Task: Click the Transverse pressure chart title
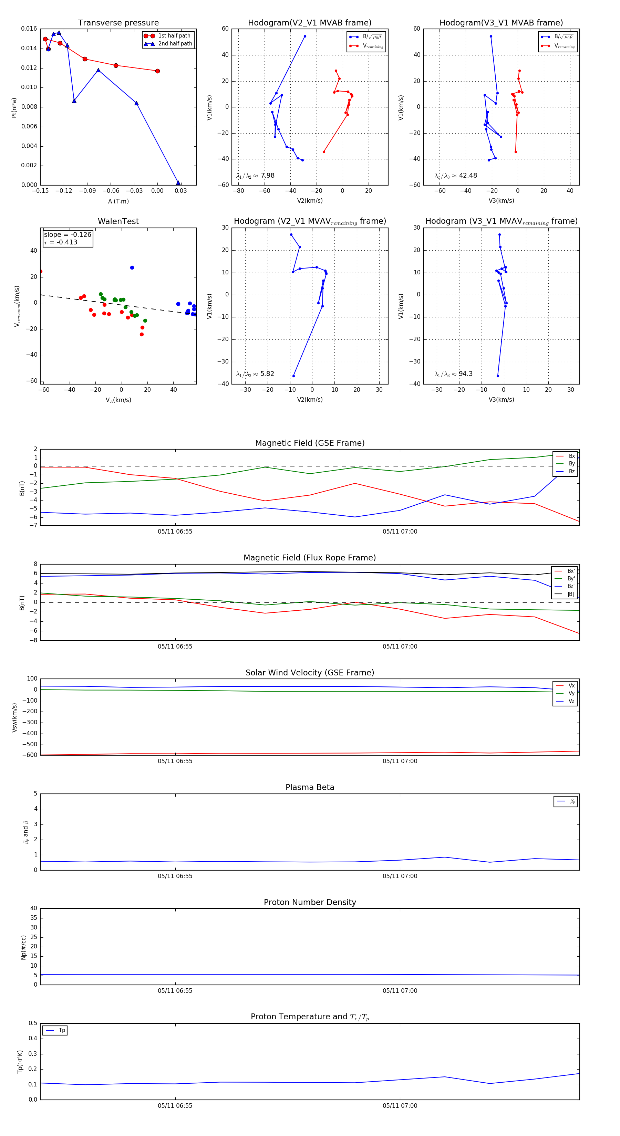pyautogui.click(x=118, y=23)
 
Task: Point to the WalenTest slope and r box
pyautogui.click(x=68, y=238)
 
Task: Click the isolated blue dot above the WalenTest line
pyautogui.click(x=132, y=268)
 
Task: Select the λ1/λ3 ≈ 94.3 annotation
pyautogui.click(x=453, y=374)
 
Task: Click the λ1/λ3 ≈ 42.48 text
pyautogui.click(x=455, y=176)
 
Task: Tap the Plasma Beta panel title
pyautogui.click(x=310, y=787)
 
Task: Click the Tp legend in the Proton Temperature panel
pyautogui.click(x=55, y=1030)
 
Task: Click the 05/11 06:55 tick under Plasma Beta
pyautogui.click(x=175, y=876)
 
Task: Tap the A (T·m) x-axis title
pyautogui.click(x=118, y=201)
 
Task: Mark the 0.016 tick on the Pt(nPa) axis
pyautogui.click(x=29, y=29)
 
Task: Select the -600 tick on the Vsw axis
pyautogui.click(x=30, y=755)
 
